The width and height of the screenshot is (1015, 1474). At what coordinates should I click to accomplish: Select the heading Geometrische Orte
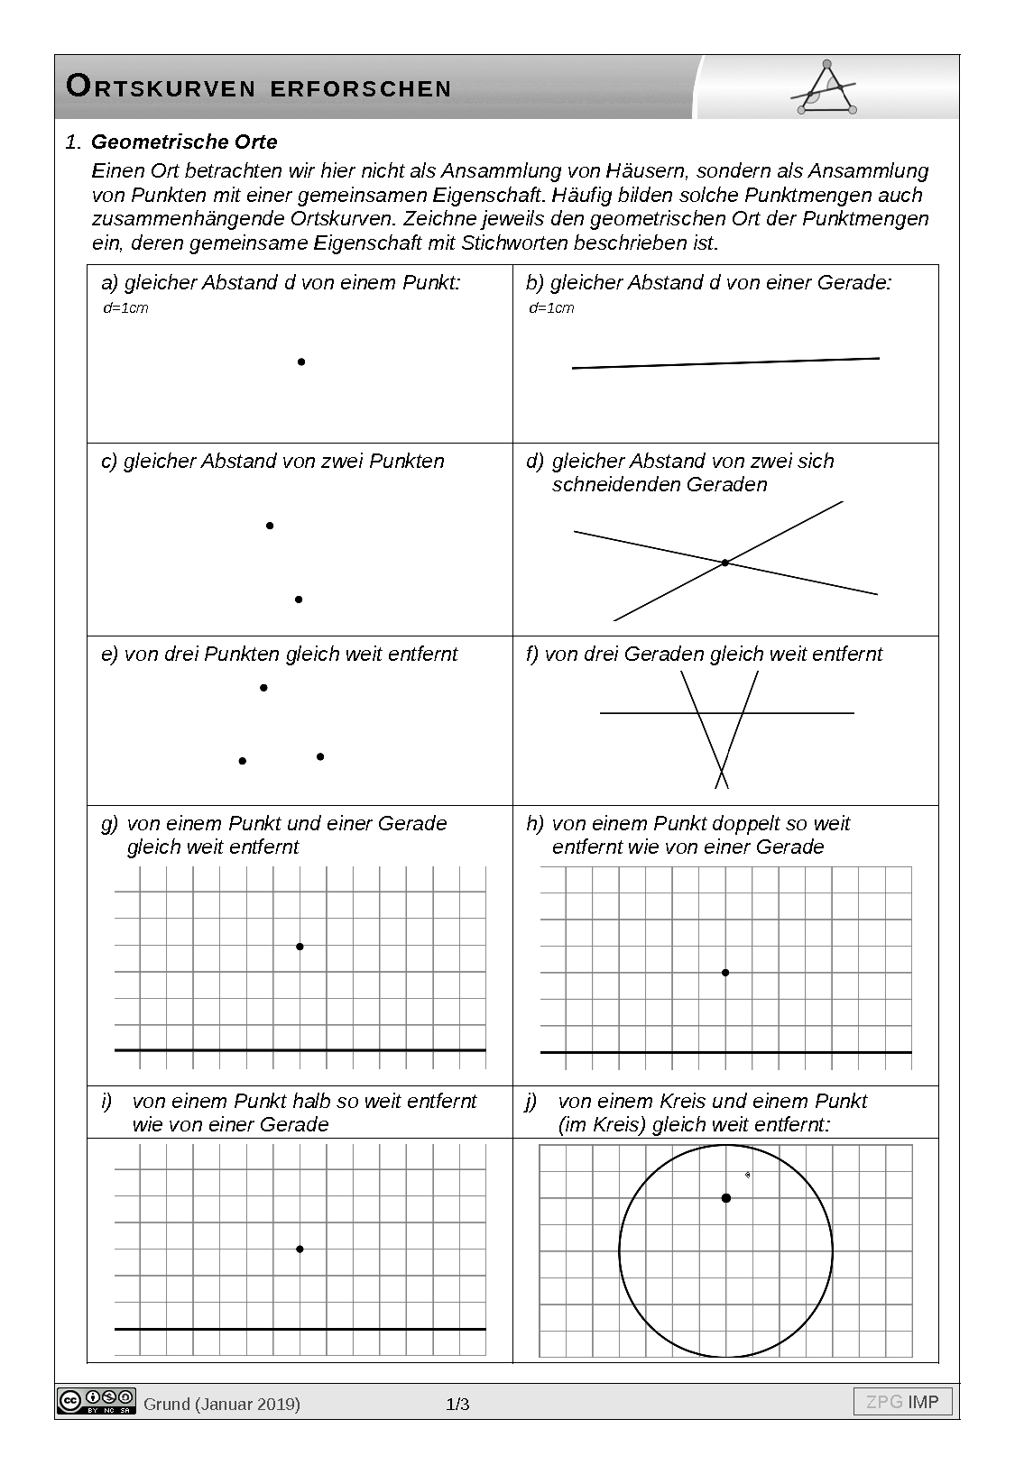point(184,142)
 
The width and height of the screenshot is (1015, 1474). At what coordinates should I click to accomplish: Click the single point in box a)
point(301,362)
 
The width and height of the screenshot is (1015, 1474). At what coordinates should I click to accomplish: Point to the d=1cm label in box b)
point(551,308)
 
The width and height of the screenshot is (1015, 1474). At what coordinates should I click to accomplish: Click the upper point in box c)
point(270,526)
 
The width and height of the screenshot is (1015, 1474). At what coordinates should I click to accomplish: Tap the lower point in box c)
point(299,600)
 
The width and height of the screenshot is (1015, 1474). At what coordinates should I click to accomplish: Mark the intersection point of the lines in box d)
point(724,563)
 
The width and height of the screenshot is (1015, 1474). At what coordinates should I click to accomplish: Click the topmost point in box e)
point(263,688)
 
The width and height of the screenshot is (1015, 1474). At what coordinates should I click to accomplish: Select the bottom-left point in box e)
point(242,761)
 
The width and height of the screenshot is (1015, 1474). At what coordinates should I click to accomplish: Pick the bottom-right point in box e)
point(320,756)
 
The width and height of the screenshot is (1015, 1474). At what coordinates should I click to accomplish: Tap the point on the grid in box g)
point(300,947)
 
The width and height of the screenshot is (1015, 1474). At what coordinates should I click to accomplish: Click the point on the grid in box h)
point(725,973)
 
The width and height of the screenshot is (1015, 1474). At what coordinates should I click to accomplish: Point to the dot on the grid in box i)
point(300,1249)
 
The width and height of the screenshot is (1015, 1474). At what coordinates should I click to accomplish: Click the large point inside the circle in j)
point(726,1197)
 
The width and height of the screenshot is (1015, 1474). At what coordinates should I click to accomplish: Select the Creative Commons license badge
point(97,1400)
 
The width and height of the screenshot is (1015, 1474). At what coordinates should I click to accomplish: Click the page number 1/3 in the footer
point(458,1404)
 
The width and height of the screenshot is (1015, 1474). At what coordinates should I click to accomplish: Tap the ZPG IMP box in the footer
point(902,1402)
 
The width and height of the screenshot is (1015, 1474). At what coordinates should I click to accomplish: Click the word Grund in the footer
point(167,1404)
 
